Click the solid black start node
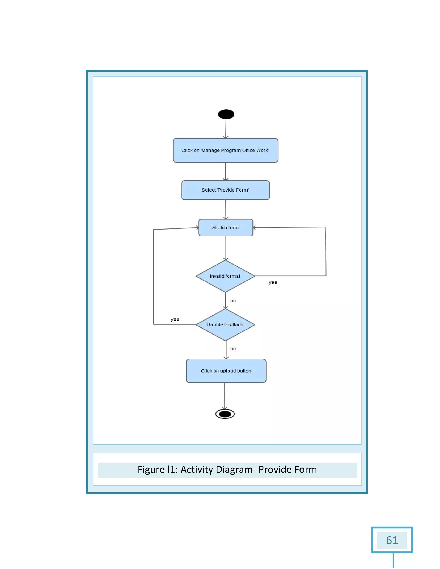[226, 114]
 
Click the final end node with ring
[225, 414]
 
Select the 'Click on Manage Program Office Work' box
[225, 150]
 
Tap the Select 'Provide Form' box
[225, 190]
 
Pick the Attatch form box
[225, 227]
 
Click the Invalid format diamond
[225, 276]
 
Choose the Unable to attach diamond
[225, 325]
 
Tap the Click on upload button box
[226, 371]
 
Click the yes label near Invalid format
[273, 282]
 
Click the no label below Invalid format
[233, 301]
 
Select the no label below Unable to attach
[233, 348]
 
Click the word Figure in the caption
[151, 469]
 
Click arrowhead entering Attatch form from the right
[255, 227]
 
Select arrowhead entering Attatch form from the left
[197, 228]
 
